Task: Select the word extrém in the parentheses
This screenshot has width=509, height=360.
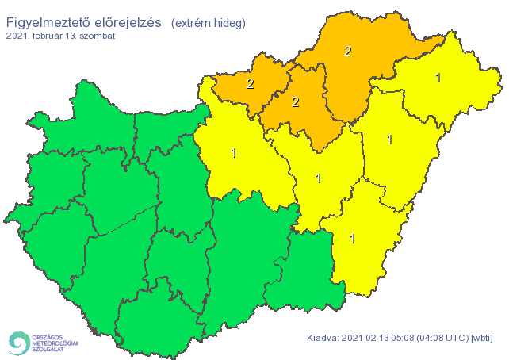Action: coord(193,22)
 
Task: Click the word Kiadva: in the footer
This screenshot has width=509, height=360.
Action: coord(323,339)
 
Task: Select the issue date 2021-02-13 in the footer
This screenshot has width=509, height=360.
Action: coord(368,339)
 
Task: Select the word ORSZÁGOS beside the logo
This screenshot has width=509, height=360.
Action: coord(48,335)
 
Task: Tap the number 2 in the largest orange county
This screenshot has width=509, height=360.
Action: coord(347,52)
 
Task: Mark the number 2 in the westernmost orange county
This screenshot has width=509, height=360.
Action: coord(250,83)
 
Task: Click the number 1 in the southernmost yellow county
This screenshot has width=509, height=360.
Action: coord(352,239)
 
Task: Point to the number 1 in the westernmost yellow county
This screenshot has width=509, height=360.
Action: coord(232,153)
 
